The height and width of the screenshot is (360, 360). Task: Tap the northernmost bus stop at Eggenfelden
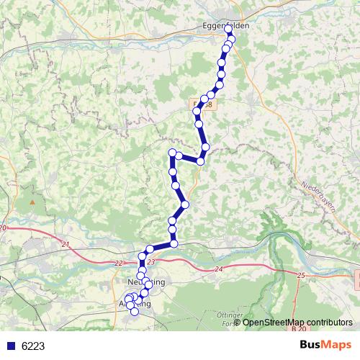pyautogui.click(x=229, y=29)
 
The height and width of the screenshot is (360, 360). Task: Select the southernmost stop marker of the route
pyautogui.click(x=134, y=311)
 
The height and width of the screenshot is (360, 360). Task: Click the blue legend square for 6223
pyautogui.click(x=10, y=346)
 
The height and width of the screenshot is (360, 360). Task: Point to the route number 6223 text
pyautogui.click(x=33, y=346)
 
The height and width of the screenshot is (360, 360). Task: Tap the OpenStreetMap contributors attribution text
pyautogui.click(x=297, y=322)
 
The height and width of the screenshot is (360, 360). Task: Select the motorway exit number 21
pyautogui.click(x=66, y=246)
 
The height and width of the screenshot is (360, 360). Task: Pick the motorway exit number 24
pyautogui.click(x=219, y=269)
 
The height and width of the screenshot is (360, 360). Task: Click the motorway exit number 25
pyautogui.click(x=300, y=276)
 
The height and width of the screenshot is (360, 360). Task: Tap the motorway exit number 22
pyautogui.click(x=119, y=264)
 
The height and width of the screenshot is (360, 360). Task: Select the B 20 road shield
pyautogui.click(x=299, y=329)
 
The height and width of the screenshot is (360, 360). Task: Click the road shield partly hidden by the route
pyautogui.click(x=204, y=105)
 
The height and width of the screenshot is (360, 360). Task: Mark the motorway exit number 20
pyautogui.click(x=3, y=228)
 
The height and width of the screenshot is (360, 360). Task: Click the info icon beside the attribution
pyautogui.click(x=238, y=322)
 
